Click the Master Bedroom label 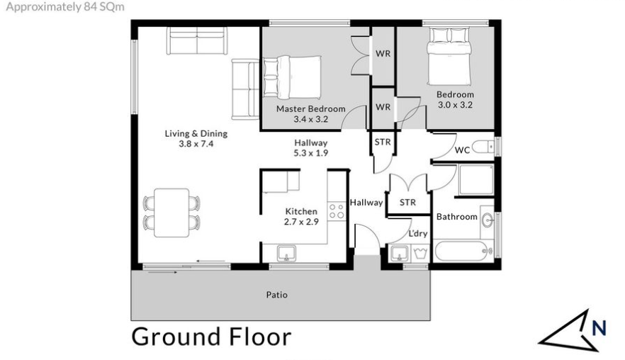point(311,109)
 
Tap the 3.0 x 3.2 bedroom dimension point(455,105)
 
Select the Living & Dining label point(196,133)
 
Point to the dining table point(171,213)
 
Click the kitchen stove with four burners point(336,210)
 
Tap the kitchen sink point(286,254)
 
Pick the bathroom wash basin point(487,220)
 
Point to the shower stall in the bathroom point(476,180)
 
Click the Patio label point(277,295)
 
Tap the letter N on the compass point(599,327)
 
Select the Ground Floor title point(211,337)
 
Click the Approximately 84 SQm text point(65,7)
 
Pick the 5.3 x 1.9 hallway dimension point(311,153)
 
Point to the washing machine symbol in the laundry point(420,253)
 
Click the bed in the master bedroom point(292,77)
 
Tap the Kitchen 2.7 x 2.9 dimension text point(301,222)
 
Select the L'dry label point(418,233)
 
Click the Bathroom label point(457,216)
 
